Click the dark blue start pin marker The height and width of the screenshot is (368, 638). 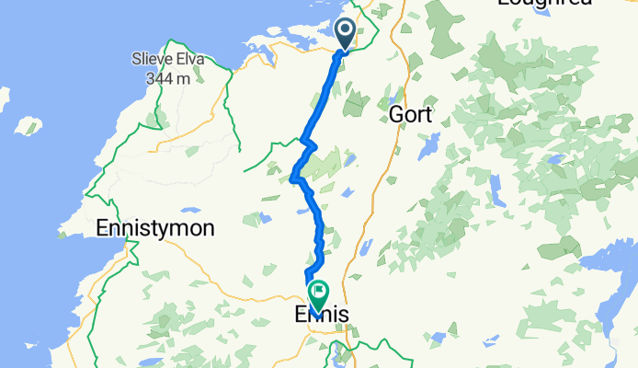point(346,33)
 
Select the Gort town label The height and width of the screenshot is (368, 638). point(410,114)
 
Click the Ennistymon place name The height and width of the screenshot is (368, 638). point(155,227)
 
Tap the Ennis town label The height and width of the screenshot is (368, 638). point(322,315)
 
